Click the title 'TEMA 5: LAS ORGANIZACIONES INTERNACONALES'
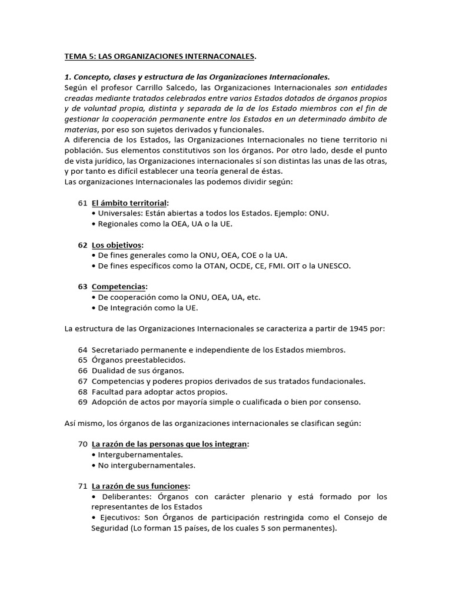coord(159,57)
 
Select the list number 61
coord(82,203)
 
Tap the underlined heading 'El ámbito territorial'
coord(129,203)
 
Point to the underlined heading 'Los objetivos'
coord(117,245)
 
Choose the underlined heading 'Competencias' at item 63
coord(119,287)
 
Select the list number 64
coord(82,350)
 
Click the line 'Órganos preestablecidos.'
coord(138,360)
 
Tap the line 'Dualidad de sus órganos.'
coord(138,370)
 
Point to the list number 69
coord(82,402)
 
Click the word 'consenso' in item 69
coord(343,402)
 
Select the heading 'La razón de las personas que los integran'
coord(169,444)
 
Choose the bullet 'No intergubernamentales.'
coord(147,465)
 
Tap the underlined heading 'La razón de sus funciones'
coord(140,486)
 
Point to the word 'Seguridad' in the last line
coord(111,528)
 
